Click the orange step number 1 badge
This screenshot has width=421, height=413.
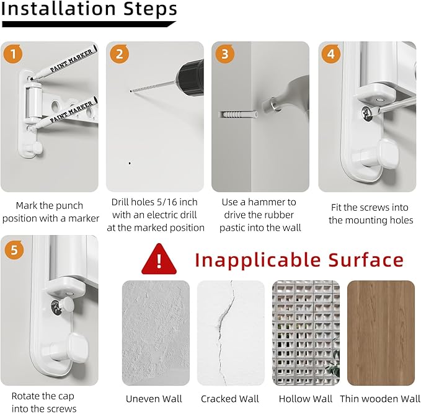click(13, 54)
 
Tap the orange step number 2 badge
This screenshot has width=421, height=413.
click(119, 54)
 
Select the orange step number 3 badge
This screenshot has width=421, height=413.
click(225, 54)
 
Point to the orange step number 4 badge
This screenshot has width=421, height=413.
click(331, 54)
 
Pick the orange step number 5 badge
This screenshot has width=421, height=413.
click(14, 250)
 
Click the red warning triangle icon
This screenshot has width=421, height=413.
click(159, 259)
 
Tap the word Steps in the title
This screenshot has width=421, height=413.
click(150, 9)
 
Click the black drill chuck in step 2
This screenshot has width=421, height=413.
click(190, 72)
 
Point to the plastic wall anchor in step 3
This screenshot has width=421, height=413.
click(238, 115)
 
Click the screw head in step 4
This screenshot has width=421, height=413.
click(367, 112)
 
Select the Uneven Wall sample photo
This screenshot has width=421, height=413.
click(156, 333)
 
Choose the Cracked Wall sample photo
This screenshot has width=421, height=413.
click(231, 333)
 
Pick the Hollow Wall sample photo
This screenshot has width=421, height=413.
click(306, 333)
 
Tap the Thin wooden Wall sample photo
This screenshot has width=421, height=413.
click(381, 333)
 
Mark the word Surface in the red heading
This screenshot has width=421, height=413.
click(366, 260)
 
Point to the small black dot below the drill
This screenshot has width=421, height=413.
click(130, 163)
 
